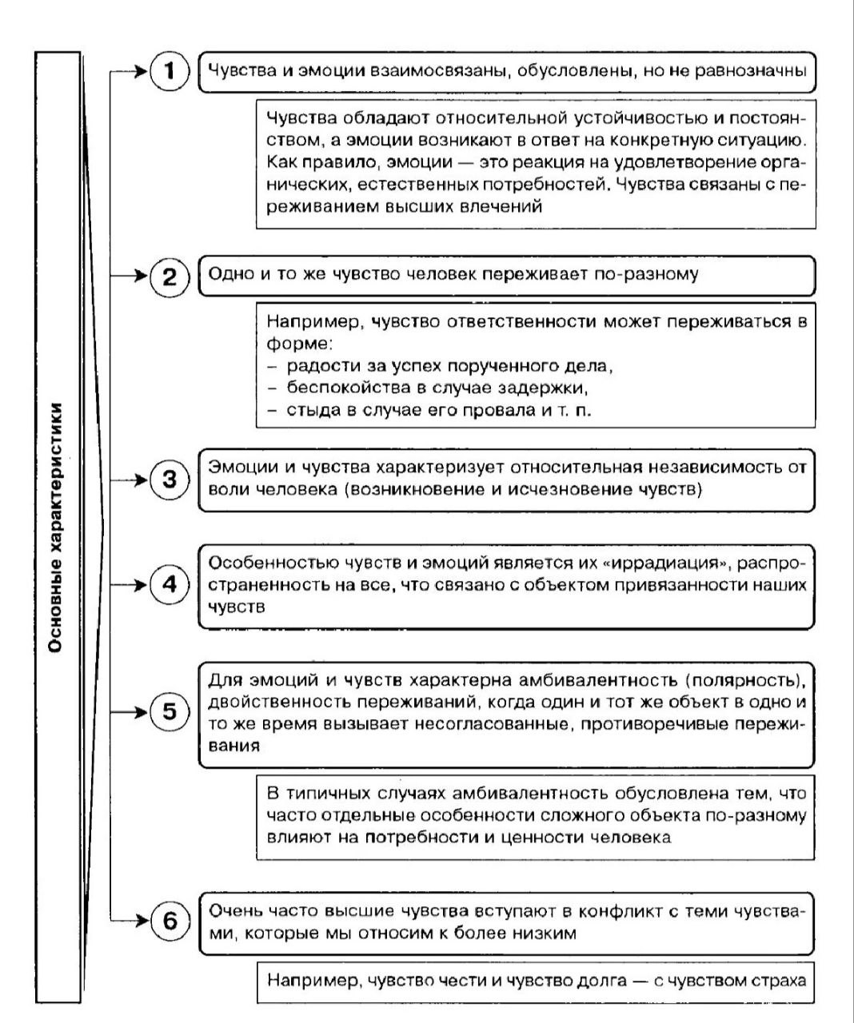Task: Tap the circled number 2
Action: point(170,277)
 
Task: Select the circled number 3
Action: point(170,480)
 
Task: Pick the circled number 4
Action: point(170,584)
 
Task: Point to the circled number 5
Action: point(170,711)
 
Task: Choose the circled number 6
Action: point(170,921)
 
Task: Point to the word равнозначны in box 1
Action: point(750,70)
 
